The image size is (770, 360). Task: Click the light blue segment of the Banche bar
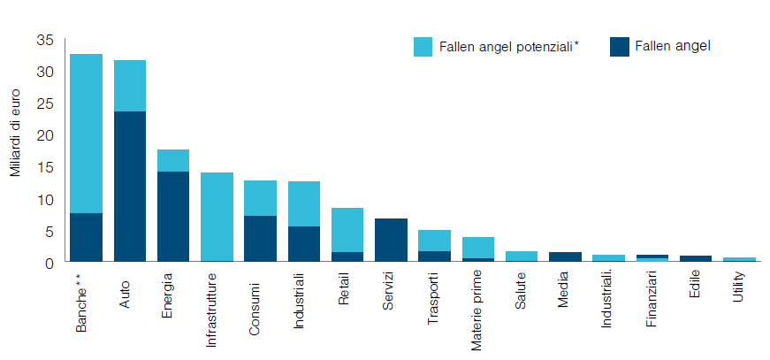(x=86, y=133)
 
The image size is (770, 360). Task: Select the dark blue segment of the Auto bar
(x=130, y=186)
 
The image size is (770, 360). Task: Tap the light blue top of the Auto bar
(x=130, y=86)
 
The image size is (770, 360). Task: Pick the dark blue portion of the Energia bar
(x=173, y=216)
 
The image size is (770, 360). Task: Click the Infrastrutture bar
(x=217, y=217)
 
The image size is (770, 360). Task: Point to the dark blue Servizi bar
(x=390, y=240)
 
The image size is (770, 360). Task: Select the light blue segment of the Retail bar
(x=347, y=230)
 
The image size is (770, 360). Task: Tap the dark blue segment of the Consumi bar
(x=260, y=238)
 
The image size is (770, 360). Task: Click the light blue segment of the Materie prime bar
(x=477, y=248)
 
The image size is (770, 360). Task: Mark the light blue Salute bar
(x=521, y=257)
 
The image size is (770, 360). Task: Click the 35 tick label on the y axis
(x=45, y=40)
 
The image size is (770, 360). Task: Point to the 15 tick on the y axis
(x=45, y=167)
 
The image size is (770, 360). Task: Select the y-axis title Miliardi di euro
(x=17, y=133)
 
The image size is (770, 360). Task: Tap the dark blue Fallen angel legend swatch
(x=620, y=46)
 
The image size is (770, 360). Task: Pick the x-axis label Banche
(x=81, y=303)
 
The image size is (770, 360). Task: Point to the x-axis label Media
(x=564, y=291)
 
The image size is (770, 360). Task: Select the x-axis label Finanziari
(x=651, y=301)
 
